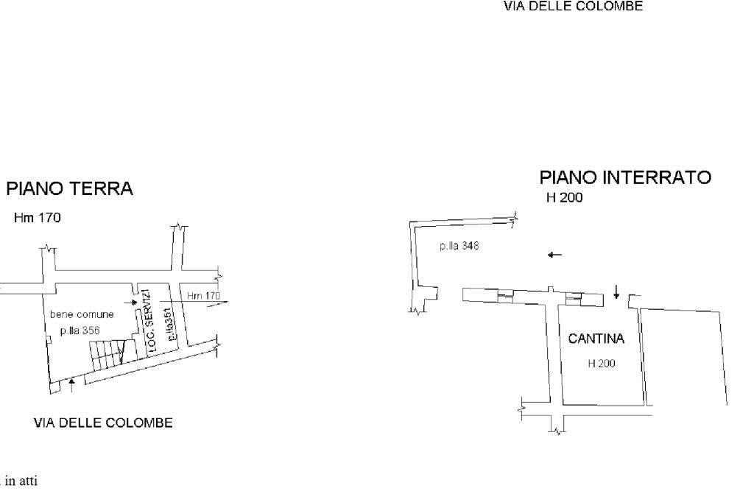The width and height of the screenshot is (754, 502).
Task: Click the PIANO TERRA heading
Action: pos(71,189)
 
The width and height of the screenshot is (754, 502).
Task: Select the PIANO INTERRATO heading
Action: pos(625,177)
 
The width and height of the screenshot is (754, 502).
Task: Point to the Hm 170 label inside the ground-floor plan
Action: pos(203,296)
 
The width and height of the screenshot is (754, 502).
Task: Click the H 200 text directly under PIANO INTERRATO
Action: pos(565,198)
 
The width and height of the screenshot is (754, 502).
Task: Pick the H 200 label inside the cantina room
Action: pos(602,363)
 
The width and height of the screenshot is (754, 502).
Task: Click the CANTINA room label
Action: pos(596,339)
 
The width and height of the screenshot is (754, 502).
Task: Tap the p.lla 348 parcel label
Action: pos(459,246)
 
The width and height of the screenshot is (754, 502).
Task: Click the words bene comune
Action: pos(82,314)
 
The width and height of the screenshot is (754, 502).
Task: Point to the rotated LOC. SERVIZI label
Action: pos(148,322)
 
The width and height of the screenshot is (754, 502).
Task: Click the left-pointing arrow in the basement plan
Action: pos(554,255)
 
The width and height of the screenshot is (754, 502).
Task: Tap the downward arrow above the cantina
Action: pos(616,292)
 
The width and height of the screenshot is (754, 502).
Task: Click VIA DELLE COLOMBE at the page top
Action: pos(573,7)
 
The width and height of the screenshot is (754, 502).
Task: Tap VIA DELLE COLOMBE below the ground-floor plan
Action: pos(103,423)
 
